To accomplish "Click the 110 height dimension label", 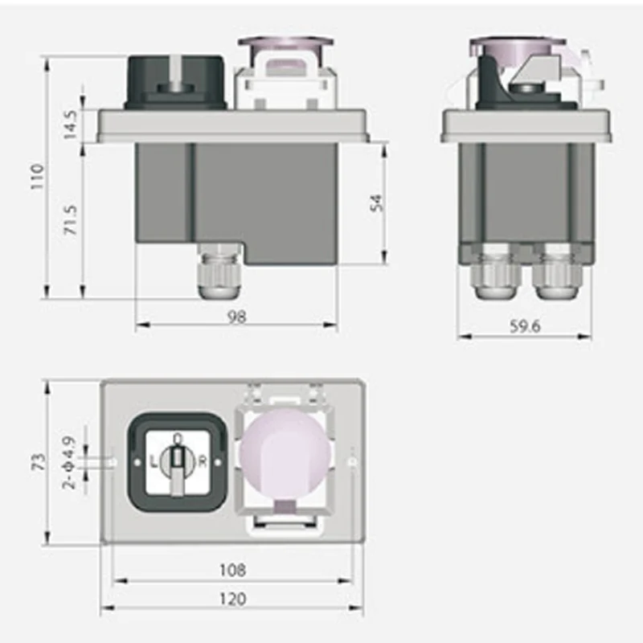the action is tap(37, 176).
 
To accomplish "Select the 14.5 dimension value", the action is tap(70, 125).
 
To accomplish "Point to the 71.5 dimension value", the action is tap(71, 220).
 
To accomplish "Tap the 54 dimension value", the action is tap(377, 203).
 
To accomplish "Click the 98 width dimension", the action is tap(236, 317).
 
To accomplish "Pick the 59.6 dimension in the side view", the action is tap(525, 326).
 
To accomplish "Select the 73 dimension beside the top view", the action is tap(39, 462).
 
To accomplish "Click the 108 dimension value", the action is tap(232, 570).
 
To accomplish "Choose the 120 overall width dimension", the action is tap(232, 599).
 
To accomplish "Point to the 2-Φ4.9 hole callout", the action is tap(70, 463).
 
